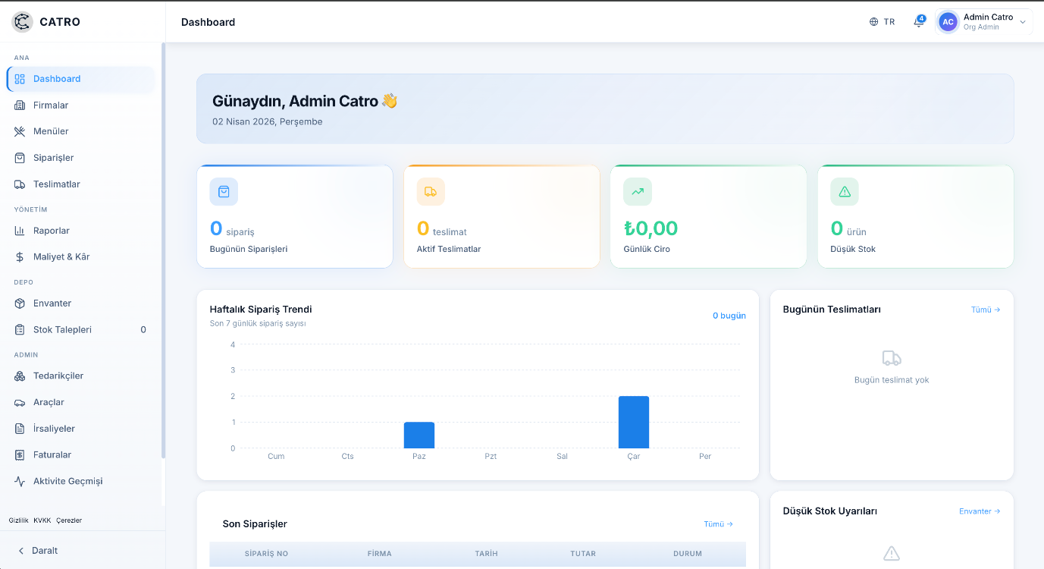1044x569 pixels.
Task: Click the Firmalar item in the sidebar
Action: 50,105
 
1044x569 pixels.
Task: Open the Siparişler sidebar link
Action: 53,158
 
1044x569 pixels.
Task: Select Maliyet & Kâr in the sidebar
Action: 61,256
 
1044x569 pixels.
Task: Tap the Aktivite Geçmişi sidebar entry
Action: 67,481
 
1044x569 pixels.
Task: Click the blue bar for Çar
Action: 633,422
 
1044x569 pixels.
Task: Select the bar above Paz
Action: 419,435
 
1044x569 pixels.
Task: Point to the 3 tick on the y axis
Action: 233,370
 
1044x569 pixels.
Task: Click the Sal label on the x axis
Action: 562,456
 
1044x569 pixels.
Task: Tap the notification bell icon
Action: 919,22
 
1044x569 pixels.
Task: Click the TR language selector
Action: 882,22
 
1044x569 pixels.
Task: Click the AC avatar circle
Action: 948,22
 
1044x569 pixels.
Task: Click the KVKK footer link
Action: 42,520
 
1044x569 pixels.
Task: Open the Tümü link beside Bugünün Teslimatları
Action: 986,310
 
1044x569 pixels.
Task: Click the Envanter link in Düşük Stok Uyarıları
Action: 980,511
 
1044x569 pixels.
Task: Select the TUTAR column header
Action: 583,554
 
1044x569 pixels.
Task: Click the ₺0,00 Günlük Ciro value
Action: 651,228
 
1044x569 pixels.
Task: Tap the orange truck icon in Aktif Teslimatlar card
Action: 431,192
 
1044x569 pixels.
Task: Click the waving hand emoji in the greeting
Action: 390,101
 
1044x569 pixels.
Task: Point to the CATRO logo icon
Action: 22,21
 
